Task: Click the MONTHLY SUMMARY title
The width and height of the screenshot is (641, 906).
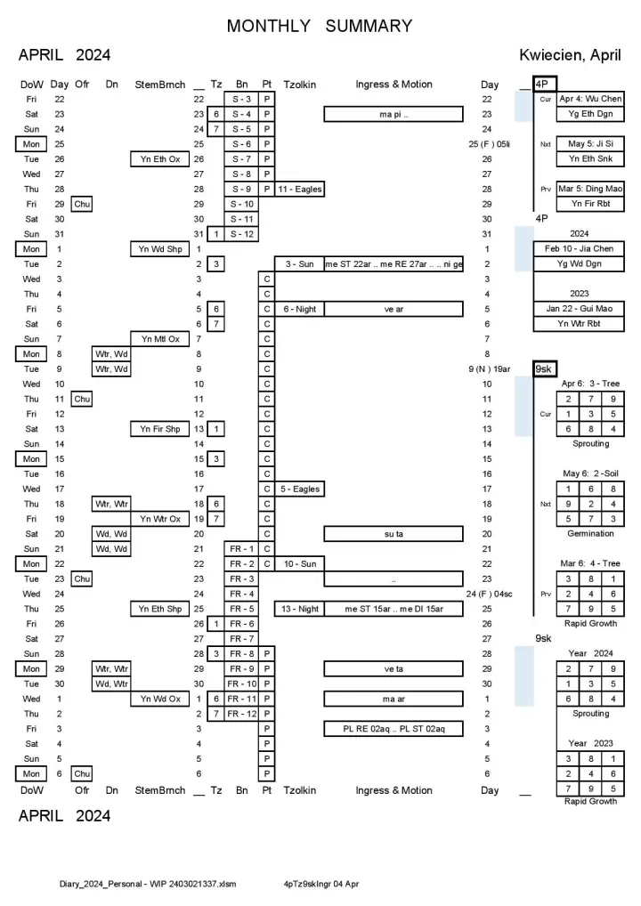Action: (320, 26)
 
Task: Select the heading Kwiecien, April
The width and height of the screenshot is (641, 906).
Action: (571, 55)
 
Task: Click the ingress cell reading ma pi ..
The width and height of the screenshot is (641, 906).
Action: (393, 114)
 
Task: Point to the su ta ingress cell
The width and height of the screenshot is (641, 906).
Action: (393, 534)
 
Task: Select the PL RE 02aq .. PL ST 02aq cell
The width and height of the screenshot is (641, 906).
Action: (393, 729)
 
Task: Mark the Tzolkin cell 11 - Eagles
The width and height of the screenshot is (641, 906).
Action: (300, 190)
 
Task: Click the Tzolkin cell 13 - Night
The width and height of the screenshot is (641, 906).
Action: (300, 609)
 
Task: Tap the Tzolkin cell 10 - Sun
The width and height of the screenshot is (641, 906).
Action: (300, 564)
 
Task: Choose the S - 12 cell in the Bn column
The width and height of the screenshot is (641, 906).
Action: (241, 234)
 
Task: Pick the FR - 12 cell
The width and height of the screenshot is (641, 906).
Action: (241, 714)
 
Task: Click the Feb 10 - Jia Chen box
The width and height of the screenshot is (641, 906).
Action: (578, 249)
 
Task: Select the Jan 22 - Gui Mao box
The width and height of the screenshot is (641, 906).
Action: (578, 309)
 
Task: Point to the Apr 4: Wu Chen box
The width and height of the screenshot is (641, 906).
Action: (590, 99)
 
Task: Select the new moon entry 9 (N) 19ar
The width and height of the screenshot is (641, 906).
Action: (487, 369)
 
